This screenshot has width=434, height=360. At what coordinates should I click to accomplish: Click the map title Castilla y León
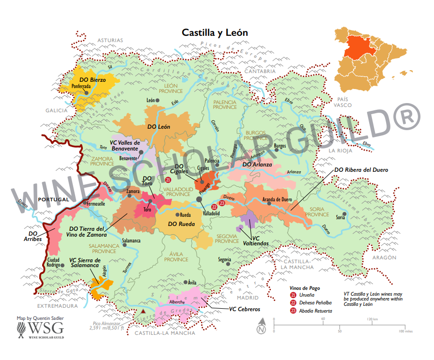(215, 33)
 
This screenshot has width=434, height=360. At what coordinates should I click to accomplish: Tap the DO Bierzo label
(92, 79)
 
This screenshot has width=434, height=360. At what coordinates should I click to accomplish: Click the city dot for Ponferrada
(86, 92)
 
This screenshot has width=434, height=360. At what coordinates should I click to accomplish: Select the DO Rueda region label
(181, 224)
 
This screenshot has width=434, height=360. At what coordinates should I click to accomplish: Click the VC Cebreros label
(245, 309)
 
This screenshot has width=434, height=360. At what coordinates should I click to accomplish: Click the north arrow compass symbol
(262, 327)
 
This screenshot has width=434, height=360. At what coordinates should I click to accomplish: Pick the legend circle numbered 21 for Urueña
(293, 295)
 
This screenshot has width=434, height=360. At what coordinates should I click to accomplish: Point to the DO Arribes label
(31, 236)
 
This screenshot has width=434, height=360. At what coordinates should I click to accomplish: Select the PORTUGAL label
(53, 199)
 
